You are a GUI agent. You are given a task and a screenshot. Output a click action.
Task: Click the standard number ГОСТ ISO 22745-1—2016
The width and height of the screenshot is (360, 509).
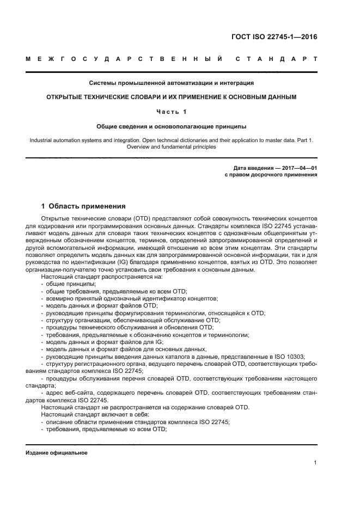(x=274, y=37)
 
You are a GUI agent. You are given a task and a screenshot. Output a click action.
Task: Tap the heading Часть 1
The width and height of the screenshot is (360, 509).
(x=172, y=112)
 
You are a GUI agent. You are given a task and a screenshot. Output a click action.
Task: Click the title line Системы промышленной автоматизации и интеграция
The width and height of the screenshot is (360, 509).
(x=172, y=83)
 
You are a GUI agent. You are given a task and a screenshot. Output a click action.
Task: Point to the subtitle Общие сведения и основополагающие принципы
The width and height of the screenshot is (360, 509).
(x=172, y=126)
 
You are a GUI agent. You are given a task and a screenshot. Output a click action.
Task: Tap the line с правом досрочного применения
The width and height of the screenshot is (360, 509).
(x=271, y=175)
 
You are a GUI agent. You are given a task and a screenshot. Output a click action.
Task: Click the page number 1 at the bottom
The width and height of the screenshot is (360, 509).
(x=315, y=463)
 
